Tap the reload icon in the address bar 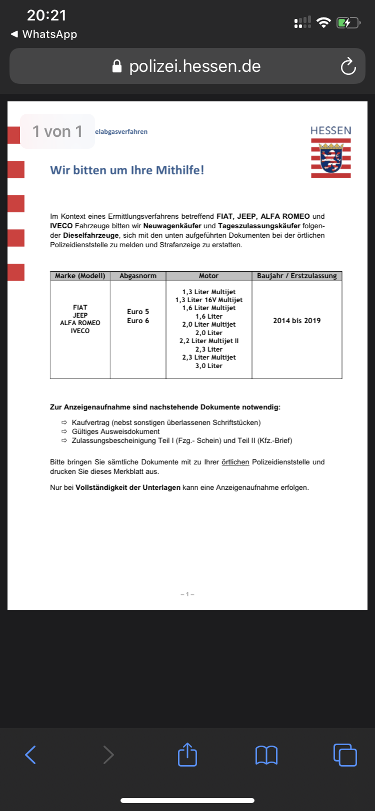(348, 66)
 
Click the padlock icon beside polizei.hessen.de (117, 66)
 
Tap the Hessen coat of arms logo (331, 158)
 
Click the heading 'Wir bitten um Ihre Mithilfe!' (127, 170)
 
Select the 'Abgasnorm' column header (138, 276)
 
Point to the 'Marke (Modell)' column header (80, 276)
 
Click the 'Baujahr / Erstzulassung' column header (297, 276)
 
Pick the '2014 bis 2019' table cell (297, 321)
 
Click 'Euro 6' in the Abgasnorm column (138, 321)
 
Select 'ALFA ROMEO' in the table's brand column (80, 323)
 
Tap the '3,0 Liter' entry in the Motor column (209, 366)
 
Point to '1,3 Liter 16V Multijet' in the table (209, 300)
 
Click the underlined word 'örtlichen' (235, 462)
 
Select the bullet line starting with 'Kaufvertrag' (166, 422)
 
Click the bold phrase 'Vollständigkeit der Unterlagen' (128, 487)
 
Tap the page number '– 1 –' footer (187, 594)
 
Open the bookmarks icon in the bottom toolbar (266, 755)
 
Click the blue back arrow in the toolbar (30, 755)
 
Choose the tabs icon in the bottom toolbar (345, 755)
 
